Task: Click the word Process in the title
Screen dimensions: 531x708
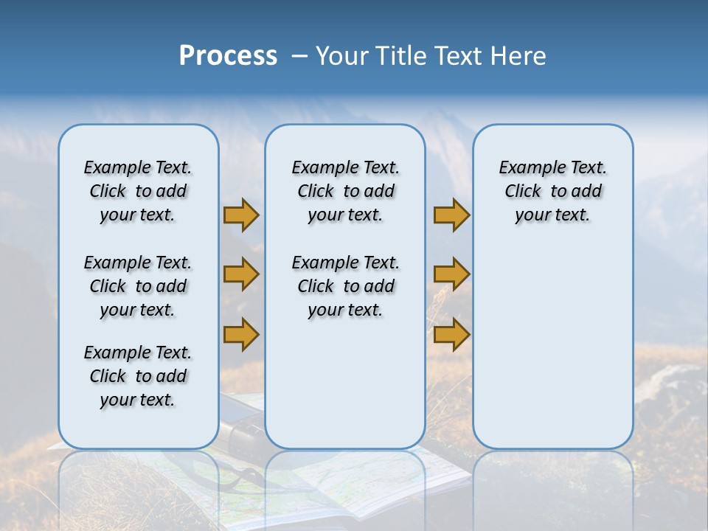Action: pos(228,56)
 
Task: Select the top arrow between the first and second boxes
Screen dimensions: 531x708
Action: pos(241,215)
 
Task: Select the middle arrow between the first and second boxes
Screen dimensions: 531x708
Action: pos(241,274)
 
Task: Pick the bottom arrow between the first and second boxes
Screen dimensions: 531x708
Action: pos(241,334)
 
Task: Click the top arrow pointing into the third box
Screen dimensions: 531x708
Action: pos(451,215)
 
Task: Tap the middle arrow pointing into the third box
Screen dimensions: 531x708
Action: pos(451,274)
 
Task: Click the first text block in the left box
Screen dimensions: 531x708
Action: pos(138,191)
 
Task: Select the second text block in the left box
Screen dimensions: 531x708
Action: pos(138,286)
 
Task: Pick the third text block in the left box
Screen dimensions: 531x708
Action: pos(138,376)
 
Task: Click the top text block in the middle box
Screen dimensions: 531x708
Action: pos(345,191)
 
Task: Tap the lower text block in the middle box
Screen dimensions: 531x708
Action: pos(345,286)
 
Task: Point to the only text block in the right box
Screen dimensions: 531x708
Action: pos(552,191)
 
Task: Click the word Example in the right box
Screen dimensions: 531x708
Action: pos(527,167)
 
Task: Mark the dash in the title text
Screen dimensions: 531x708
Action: pos(299,57)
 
